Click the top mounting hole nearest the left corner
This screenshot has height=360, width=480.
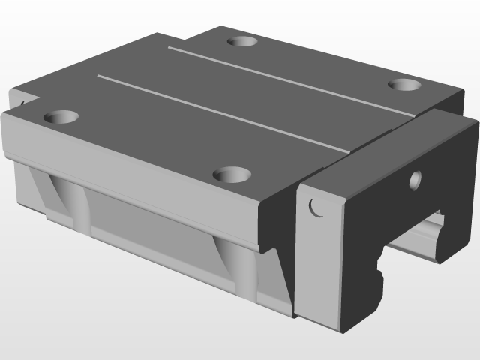(62, 118)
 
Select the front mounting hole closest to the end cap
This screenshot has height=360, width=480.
(232, 175)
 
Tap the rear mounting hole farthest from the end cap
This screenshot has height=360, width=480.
(242, 42)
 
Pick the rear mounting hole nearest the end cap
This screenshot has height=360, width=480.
(406, 83)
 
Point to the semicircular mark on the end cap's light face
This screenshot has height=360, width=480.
(316, 207)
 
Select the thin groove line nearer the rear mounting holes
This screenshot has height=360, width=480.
(292, 82)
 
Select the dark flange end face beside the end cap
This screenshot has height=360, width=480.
(277, 225)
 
